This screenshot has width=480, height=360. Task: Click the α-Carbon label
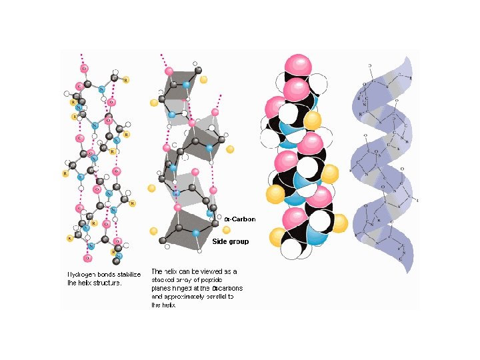pos(239,219)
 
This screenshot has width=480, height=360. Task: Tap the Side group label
pos(230,241)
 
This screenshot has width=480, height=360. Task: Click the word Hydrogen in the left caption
pos(81,274)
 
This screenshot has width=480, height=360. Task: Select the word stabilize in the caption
pos(127,274)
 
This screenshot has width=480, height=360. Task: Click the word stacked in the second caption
pos(165,280)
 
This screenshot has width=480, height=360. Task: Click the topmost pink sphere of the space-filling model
pos(297,67)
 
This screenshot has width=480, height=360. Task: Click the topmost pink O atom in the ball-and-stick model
pos(84,68)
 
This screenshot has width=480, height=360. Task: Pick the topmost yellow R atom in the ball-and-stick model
pos(125,79)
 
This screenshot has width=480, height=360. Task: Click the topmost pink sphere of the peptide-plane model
pos(169,71)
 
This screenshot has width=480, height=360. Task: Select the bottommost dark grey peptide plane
pos(187,230)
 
